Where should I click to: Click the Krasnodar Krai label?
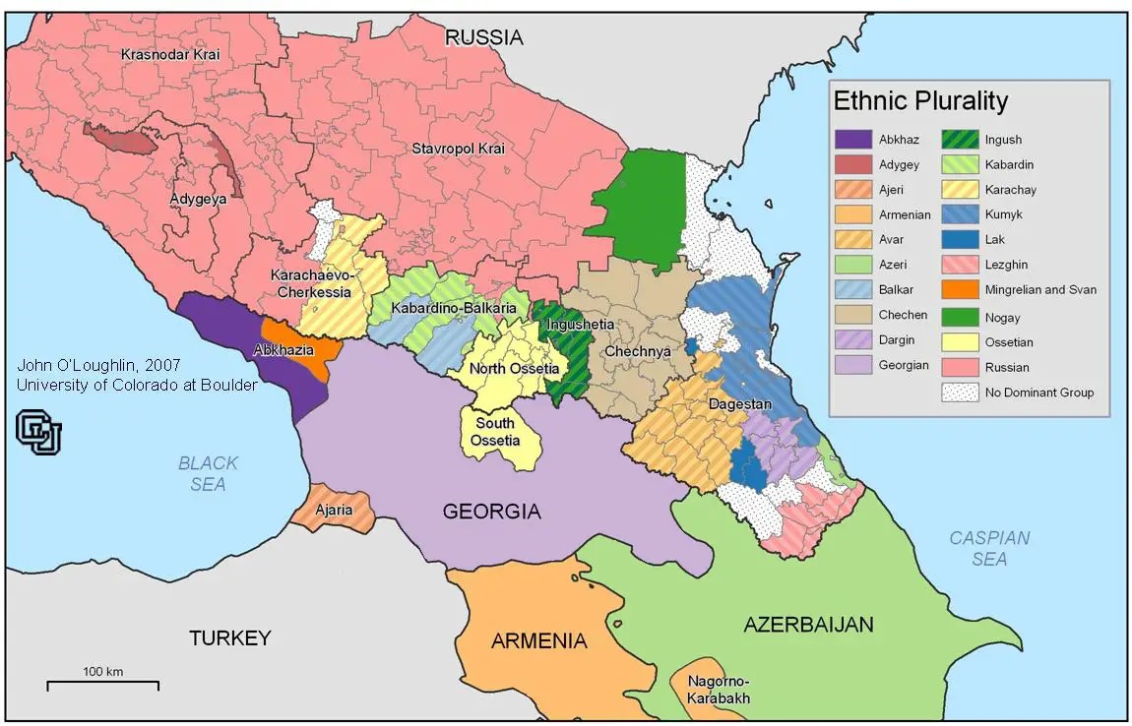pos(169,54)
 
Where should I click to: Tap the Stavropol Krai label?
pos(458,149)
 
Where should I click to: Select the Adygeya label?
pos(197,198)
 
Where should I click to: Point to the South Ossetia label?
pos(494,432)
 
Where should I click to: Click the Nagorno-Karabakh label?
pos(719,690)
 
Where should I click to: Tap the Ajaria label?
pos(334,511)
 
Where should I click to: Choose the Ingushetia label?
pos(581,325)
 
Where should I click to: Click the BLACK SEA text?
pos(208,473)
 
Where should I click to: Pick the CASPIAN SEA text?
pos(988,548)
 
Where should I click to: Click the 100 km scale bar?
pos(102,681)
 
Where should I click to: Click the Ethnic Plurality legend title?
pos(920,101)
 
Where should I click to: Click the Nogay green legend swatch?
pos(959,317)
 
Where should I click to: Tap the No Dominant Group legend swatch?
pos(959,393)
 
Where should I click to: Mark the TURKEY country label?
pos(228,638)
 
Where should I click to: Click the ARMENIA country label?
pos(538,641)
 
